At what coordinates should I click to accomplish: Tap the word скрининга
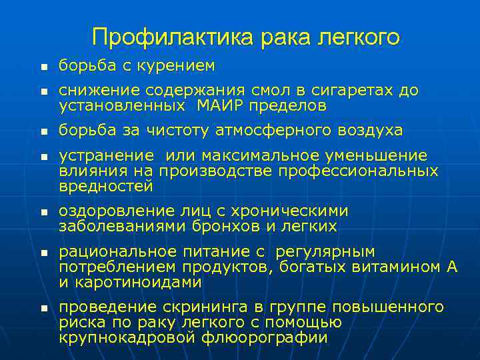204,307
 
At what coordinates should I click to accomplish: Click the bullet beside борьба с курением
43,67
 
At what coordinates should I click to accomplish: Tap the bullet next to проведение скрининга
43,309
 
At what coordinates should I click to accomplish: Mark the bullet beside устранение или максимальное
43,157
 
